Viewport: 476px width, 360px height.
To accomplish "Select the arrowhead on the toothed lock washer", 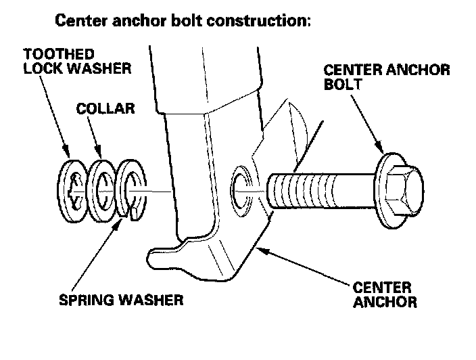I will point(67,157).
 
